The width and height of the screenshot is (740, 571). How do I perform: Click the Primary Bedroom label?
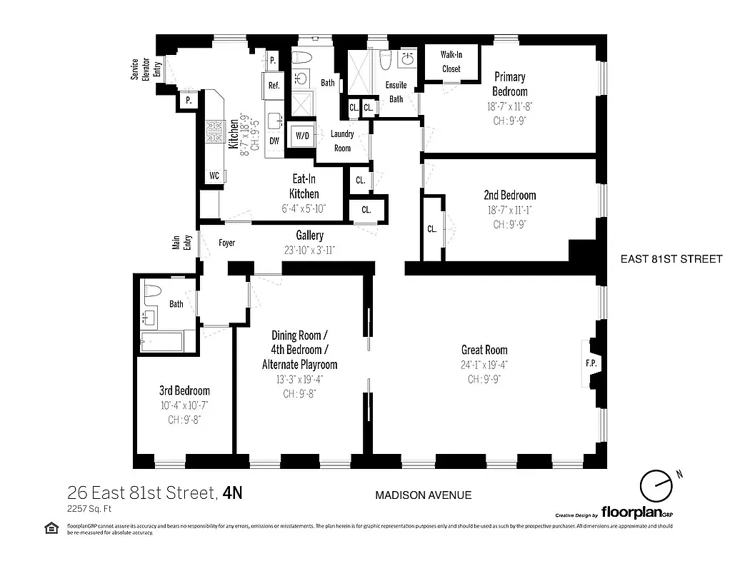pos(509,84)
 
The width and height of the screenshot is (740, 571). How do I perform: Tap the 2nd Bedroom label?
pos(509,195)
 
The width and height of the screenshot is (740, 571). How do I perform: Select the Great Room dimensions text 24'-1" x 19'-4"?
pos(484,365)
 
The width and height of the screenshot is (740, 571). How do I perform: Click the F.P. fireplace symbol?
pos(591,363)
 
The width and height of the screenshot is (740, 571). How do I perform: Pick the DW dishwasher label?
pos(274,141)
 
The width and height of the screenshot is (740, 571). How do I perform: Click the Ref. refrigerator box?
pos(274,85)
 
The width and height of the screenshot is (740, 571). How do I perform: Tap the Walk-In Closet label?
pos(450,61)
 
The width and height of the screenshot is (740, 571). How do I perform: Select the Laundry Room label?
pos(342,141)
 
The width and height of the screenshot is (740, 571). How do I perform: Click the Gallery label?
pos(310,236)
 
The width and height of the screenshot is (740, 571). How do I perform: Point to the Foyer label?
pos(226,243)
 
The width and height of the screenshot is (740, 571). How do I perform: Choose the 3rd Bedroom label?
pos(184,390)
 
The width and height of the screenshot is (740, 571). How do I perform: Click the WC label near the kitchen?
pos(214,175)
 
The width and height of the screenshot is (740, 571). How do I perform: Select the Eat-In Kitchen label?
pos(304,186)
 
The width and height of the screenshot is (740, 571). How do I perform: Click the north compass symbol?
pos(656,487)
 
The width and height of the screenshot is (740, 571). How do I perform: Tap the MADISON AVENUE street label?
pos(423,495)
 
